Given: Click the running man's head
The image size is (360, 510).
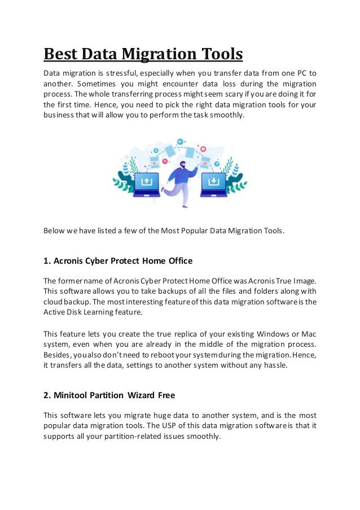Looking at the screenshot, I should pos(181,165).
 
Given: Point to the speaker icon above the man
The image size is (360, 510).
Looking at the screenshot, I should pos(180,141).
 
